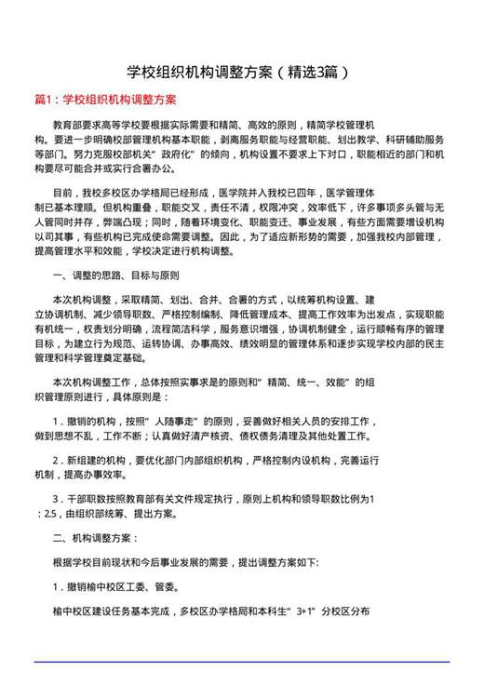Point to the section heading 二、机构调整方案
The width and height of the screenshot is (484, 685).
pyautogui.click(x=96, y=538)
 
